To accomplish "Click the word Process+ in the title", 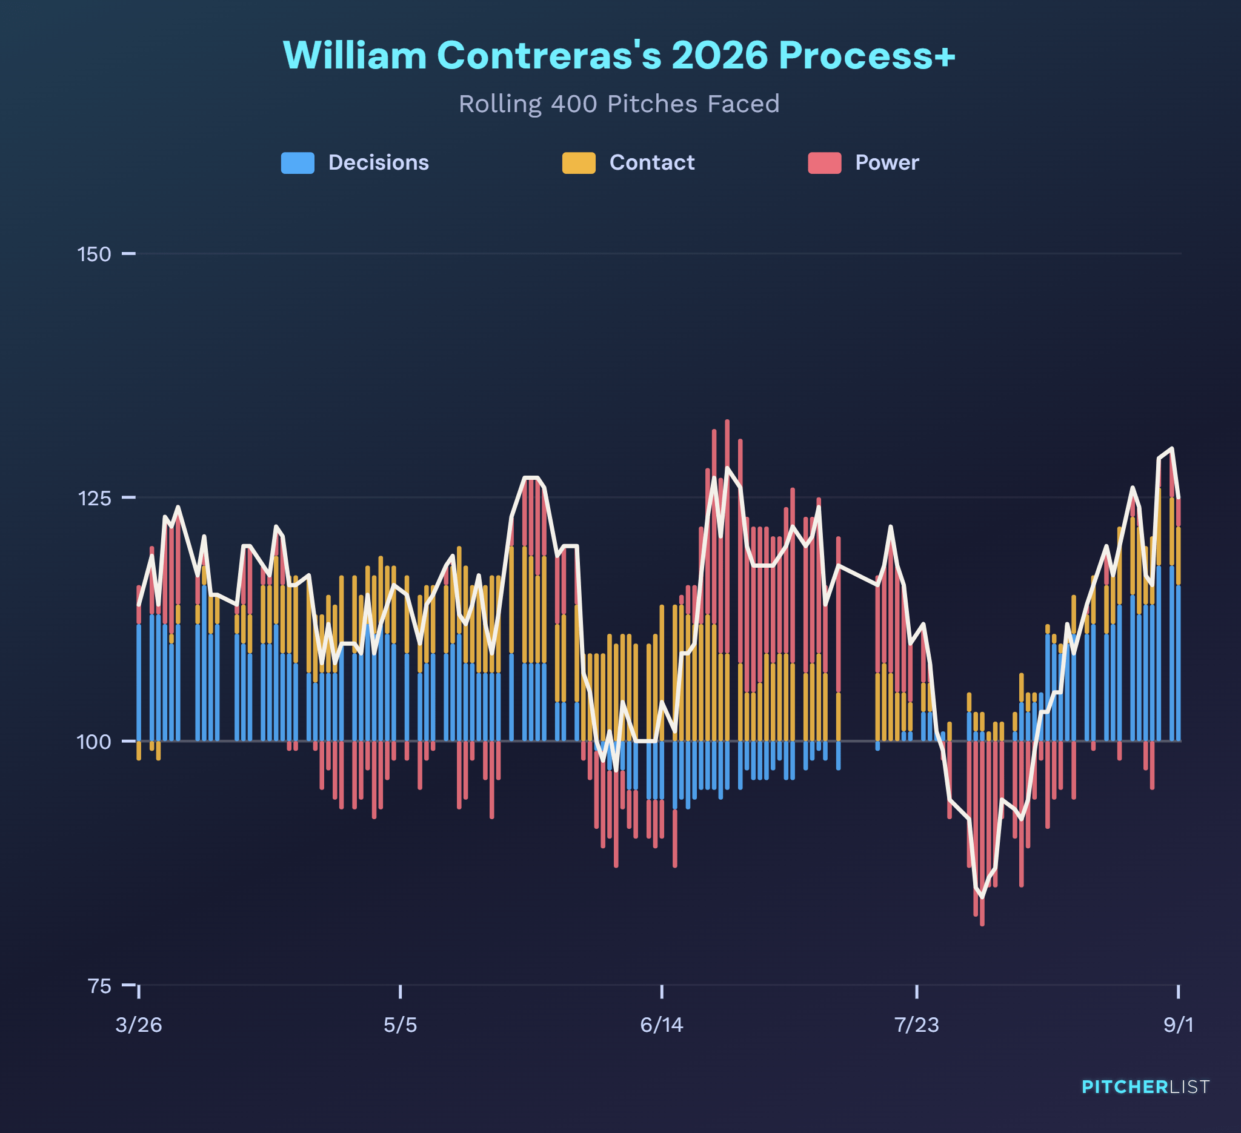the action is click(867, 55).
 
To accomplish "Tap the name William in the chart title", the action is click(354, 55).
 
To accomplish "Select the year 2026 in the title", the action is click(720, 55).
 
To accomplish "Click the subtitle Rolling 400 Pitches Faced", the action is click(619, 104).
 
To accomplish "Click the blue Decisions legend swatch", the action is click(298, 163).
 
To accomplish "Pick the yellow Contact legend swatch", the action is click(579, 163).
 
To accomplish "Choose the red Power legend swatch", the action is click(825, 163).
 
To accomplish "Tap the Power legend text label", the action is click(887, 162).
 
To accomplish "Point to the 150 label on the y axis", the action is click(94, 254).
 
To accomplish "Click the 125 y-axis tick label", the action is click(94, 498).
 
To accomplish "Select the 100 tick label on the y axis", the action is click(94, 742).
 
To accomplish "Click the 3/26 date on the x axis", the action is click(139, 1025).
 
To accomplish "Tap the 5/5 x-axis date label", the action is click(400, 1025).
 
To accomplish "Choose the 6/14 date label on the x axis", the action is click(662, 1025).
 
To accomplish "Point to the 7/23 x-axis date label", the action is click(917, 1025).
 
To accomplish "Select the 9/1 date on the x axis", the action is click(1178, 1025).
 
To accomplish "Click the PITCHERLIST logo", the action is click(1146, 1087).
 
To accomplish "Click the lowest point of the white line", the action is click(982, 897).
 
